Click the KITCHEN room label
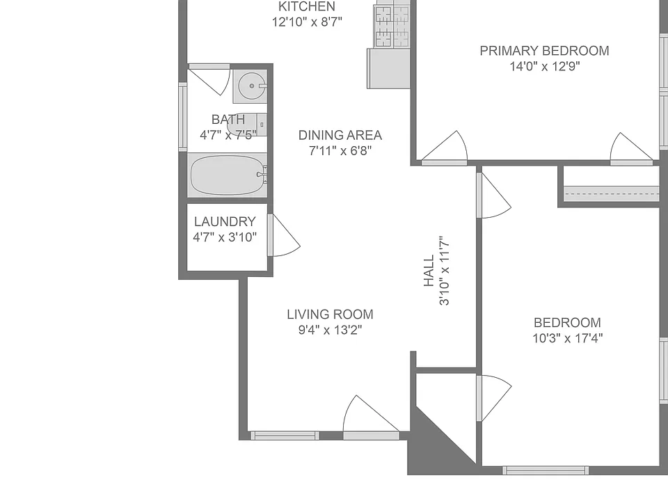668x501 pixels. [307, 6]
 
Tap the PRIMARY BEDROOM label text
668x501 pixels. [544, 51]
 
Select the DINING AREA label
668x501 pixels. [340, 135]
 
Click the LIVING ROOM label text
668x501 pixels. [330, 315]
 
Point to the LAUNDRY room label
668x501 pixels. [225, 221]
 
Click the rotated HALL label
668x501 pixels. [429, 271]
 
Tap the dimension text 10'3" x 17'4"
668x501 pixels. [568, 338]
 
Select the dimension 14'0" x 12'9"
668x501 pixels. [544, 67]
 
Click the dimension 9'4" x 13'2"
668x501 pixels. [330, 330]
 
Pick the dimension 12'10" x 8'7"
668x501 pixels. [307, 22]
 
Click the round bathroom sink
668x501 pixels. [252, 86]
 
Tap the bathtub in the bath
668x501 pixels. [228, 175]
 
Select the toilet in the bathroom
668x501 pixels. [247, 125]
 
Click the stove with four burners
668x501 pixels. [391, 26]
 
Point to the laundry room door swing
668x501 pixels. [284, 235]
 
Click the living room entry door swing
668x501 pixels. [371, 415]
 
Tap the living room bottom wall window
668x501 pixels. [285, 436]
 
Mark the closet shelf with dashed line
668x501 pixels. [612, 193]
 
